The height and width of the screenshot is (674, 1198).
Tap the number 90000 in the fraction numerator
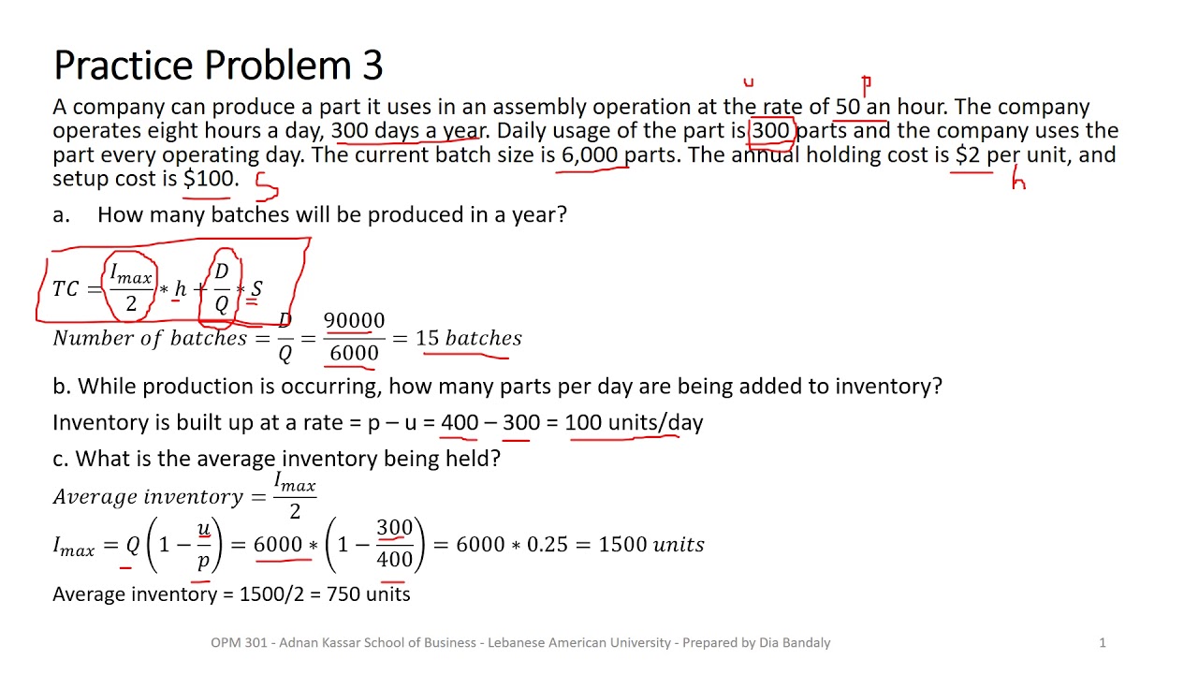(x=354, y=321)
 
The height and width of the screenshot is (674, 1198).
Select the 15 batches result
(x=468, y=338)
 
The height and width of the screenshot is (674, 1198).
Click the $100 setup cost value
(x=210, y=178)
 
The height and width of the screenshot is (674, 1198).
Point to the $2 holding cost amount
(x=968, y=154)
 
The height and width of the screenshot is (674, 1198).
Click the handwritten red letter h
(x=1018, y=182)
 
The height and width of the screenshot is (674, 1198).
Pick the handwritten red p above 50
(x=867, y=86)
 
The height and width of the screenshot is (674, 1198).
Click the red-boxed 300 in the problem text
(x=771, y=130)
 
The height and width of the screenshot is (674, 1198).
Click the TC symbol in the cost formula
(x=66, y=288)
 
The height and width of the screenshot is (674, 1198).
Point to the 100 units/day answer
(x=634, y=422)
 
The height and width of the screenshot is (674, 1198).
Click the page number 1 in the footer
(x=1103, y=642)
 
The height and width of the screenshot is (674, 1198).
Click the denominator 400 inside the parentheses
(x=394, y=559)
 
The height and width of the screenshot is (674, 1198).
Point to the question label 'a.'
(x=61, y=214)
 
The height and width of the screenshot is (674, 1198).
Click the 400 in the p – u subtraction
(x=460, y=422)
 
